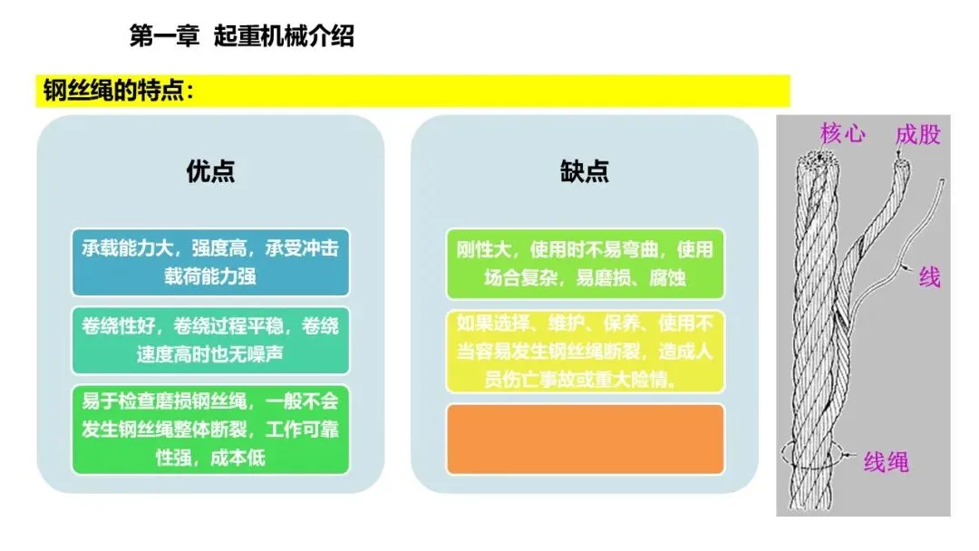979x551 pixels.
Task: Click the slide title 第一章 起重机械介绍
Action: point(242,37)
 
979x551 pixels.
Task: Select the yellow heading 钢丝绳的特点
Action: point(118,92)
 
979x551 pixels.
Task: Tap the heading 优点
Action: point(210,171)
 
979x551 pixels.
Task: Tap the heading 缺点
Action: point(585,171)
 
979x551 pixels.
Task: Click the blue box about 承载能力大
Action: point(210,262)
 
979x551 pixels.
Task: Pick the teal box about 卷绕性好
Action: point(210,340)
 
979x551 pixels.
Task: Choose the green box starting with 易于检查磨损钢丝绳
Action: point(210,430)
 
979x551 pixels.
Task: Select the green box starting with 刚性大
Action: point(585,264)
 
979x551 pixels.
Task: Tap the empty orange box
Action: point(585,439)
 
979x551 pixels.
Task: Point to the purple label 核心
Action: point(842,134)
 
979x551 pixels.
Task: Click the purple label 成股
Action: point(917,135)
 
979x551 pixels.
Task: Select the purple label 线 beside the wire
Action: point(929,276)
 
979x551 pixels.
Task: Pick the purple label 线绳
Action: point(885,463)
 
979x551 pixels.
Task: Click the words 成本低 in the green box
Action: point(238,458)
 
